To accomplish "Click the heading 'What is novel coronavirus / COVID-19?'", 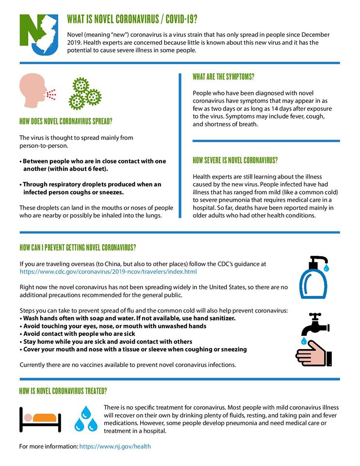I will tap(132, 19).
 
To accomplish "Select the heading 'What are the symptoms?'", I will tap(223, 77).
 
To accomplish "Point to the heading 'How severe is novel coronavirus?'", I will tap(235, 160).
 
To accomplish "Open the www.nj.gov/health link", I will tap(115, 446).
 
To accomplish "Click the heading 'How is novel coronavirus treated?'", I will tap(63, 390).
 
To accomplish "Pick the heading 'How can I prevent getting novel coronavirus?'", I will tap(78, 247).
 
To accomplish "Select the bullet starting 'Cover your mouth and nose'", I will tap(133, 349).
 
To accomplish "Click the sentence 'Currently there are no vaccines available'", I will tap(128, 365).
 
